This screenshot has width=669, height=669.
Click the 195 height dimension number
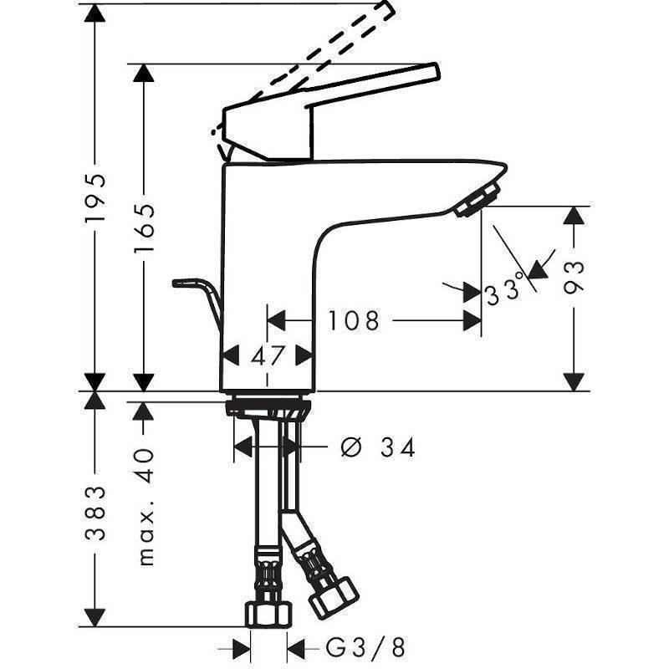[x=94, y=197]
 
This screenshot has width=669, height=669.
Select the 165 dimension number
[x=144, y=228]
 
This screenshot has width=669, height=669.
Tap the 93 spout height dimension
[x=574, y=278]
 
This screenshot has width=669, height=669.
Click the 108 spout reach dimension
[x=353, y=321]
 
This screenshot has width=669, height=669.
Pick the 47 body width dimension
[x=268, y=355]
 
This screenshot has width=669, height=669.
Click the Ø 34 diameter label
[x=378, y=447]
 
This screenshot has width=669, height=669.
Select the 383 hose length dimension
[x=94, y=513]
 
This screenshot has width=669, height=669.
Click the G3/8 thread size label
[x=365, y=647]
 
